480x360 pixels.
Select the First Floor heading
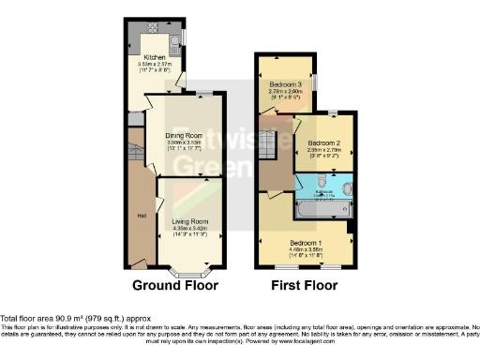(303, 284)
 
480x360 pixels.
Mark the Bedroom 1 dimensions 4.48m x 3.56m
(307, 250)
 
